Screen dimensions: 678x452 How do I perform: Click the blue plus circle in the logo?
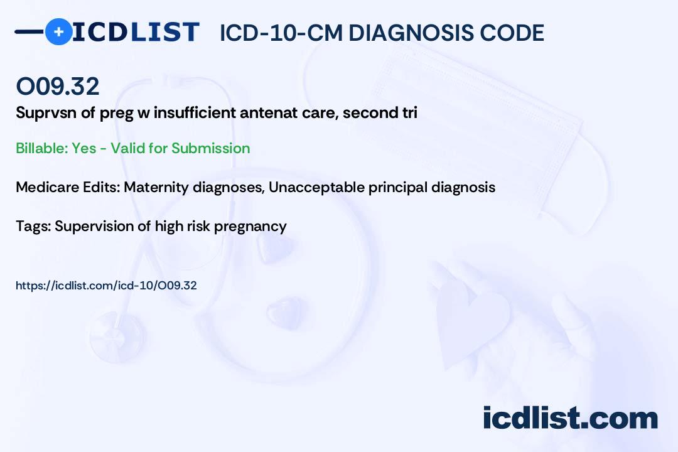click(x=58, y=31)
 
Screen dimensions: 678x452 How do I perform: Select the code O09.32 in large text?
click(x=58, y=86)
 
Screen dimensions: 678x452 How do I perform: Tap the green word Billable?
click(x=41, y=148)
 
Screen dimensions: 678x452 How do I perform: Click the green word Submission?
click(x=210, y=148)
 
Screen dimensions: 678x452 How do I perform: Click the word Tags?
click(x=33, y=226)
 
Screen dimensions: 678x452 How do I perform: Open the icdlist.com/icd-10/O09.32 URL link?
click(x=106, y=286)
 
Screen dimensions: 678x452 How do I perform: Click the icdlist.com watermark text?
click(x=570, y=417)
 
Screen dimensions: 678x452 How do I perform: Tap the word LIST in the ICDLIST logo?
click(x=164, y=32)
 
